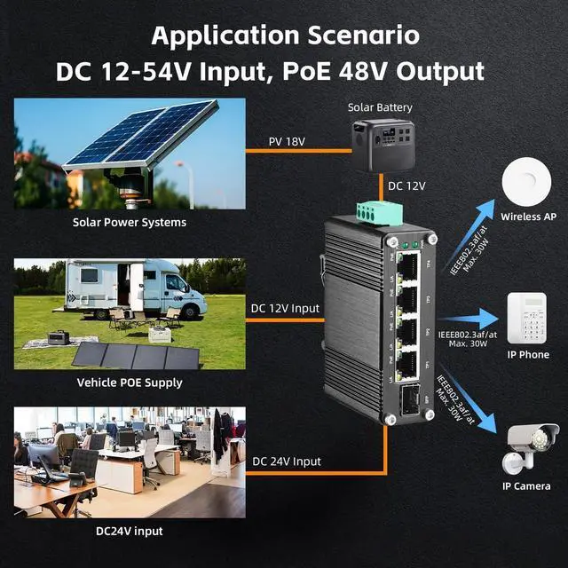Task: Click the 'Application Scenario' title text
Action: [x=284, y=35]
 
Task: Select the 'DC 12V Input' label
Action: [x=286, y=308]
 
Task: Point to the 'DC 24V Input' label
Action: [x=286, y=461]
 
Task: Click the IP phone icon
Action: [x=527, y=318]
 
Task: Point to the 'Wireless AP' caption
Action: [x=528, y=217]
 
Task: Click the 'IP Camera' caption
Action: [x=526, y=485]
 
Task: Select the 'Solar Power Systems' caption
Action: [x=130, y=222]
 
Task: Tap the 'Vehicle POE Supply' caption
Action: [x=130, y=383]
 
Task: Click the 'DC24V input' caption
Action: [x=130, y=531]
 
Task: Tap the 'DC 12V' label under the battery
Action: [x=407, y=187]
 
